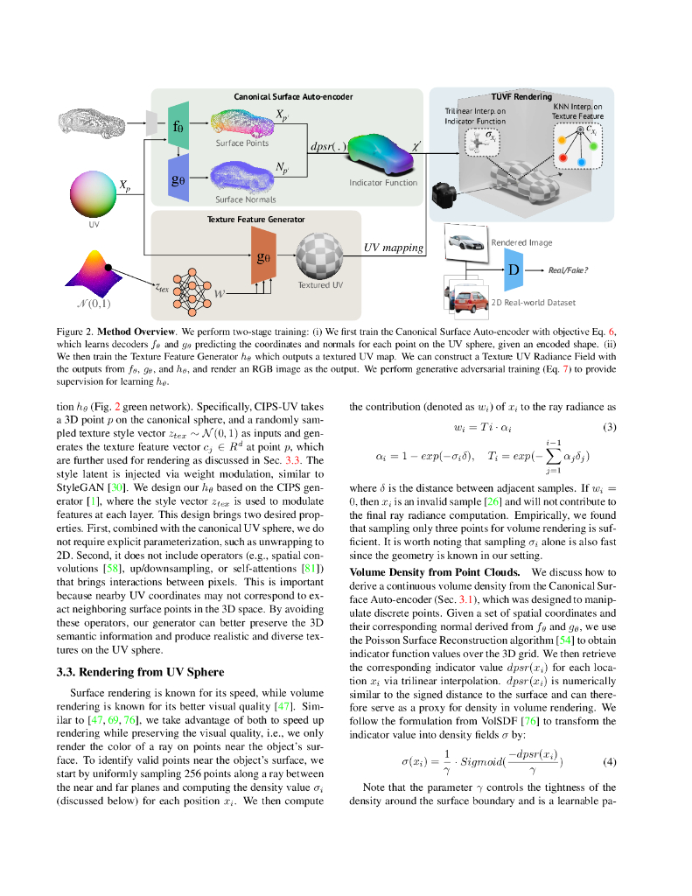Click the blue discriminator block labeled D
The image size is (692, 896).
coord(514,270)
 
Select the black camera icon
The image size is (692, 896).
coord(446,194)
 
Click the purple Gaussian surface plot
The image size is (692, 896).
coord(94,271)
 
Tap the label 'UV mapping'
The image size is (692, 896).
coord(394,248)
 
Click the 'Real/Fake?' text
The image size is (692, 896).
coord(568,270)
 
